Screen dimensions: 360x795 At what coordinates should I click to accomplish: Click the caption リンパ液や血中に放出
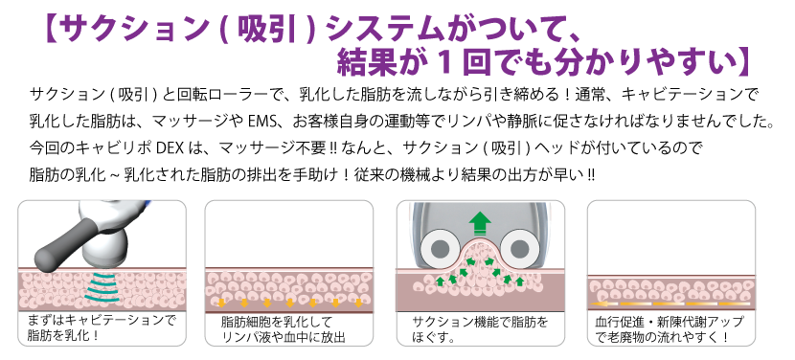click(283, 337)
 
